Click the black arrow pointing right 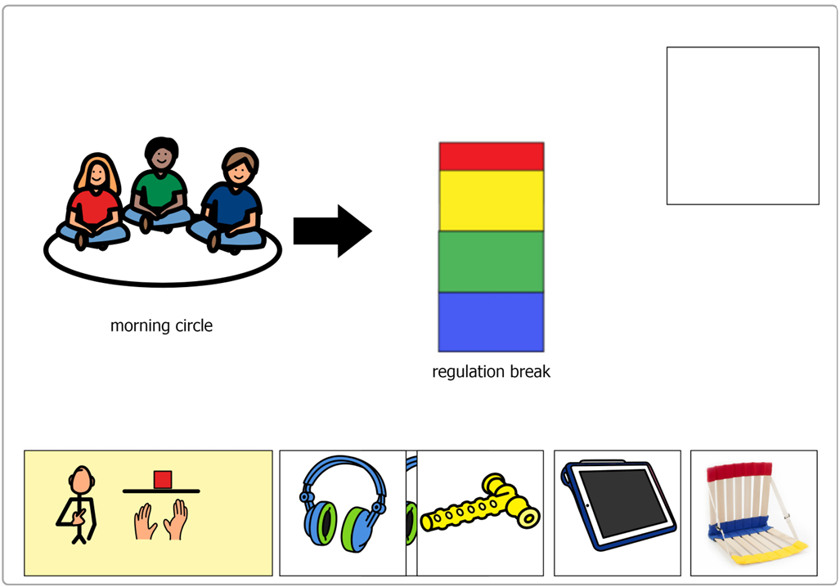pos(333,231)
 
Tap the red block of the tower pos(492,156)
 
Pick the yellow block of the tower pos(492,201)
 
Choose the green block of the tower pos(492,262)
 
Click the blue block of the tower pos(492,322)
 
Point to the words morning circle pos(161,325)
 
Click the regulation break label pos(492,372)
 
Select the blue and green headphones pos(343,504)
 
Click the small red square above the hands pos(162,480)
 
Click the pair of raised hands pos(160,519)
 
